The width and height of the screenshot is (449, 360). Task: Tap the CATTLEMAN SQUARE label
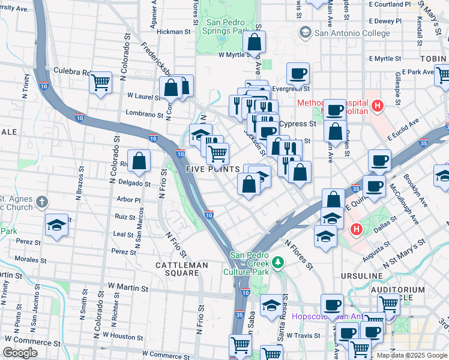pos(181,269)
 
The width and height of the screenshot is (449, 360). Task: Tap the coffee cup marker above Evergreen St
pos(298,74)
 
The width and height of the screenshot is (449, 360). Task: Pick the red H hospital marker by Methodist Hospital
pos(377,107)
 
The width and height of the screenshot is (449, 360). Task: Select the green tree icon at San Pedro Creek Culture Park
pos(277,262)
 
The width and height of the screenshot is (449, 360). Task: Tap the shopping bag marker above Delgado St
pos(139,161)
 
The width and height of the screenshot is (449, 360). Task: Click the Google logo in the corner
pos(20,353)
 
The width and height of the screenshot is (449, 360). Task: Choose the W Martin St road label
pos(128,289)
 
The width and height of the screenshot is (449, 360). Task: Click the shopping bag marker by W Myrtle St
pos(255,43)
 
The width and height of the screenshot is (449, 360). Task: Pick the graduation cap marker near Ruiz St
pos(56,226)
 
